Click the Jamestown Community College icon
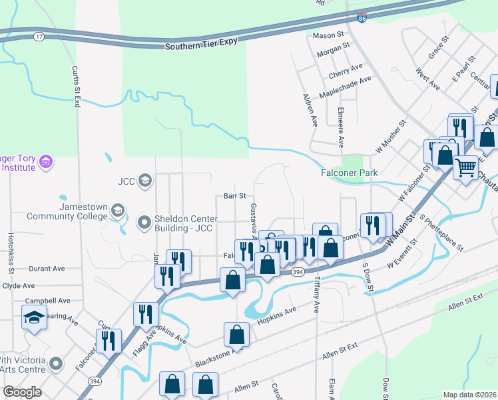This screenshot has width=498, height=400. click(117, 211)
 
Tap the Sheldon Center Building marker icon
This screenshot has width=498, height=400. click(144, 222)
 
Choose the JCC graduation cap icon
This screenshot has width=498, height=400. click(146, 179)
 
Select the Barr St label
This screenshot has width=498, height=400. click(235, 196)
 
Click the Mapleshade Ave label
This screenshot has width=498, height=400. click(346, 84)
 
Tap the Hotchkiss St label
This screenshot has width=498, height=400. click(11, 254)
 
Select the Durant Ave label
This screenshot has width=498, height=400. click(47, 269)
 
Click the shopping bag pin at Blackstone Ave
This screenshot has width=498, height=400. click(237, 333)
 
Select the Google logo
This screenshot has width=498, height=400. click(23, 392)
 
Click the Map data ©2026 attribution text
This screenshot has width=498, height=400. click(469, 395)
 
